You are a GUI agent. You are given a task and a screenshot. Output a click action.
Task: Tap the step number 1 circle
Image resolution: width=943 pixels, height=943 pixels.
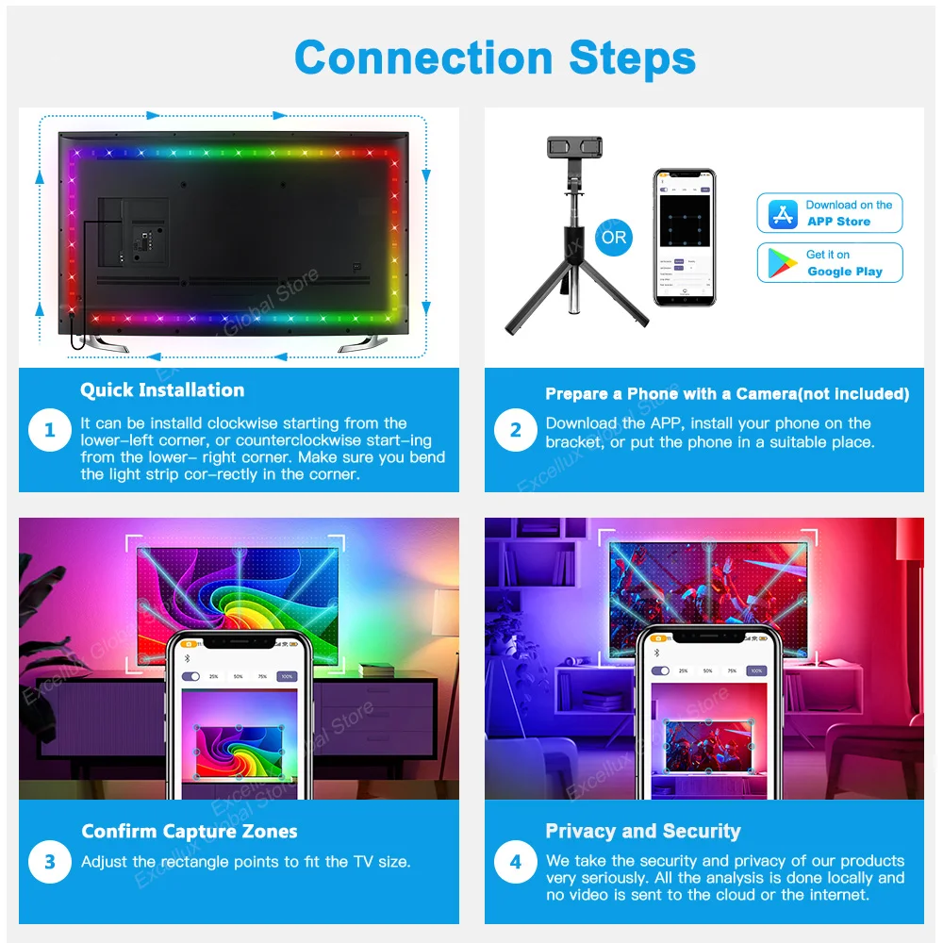point(50,432)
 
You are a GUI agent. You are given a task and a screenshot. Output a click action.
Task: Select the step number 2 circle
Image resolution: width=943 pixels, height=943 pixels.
point(516,432)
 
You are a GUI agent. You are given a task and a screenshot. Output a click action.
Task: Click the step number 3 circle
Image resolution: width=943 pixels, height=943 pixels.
point(50,862)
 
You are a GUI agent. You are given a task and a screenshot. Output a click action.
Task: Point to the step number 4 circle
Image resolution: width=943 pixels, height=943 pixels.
point(516,862)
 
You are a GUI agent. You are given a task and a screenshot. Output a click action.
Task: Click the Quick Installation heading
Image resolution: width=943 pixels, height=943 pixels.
point(162,390)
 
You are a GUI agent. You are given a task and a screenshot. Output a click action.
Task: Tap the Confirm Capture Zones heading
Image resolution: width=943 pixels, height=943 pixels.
point(190,832)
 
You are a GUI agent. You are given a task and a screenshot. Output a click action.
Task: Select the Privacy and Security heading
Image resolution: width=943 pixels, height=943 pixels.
point(643,832)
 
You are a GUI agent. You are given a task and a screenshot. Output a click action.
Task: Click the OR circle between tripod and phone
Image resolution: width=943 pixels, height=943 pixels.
point(614,238)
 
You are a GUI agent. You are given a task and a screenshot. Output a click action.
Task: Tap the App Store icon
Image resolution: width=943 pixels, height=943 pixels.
point(783,214)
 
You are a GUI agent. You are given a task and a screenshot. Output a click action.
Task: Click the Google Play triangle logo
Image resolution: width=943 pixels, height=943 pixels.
point(783,263)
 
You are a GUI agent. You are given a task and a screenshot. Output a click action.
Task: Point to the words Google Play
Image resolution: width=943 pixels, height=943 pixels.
point(845,272)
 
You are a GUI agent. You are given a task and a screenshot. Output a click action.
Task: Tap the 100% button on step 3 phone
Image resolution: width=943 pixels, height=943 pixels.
point(287,676)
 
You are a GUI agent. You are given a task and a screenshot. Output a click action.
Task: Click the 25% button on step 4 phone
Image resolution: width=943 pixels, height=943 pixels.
point(686,671)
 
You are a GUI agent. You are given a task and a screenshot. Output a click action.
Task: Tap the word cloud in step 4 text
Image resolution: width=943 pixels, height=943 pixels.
point(727,894)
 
